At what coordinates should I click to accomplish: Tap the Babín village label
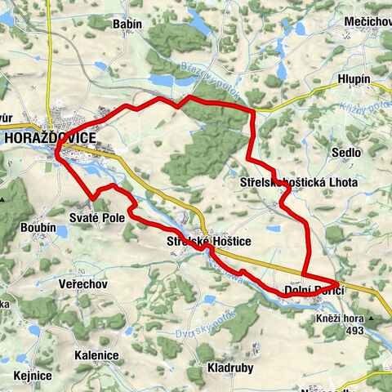coord(127,24)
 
